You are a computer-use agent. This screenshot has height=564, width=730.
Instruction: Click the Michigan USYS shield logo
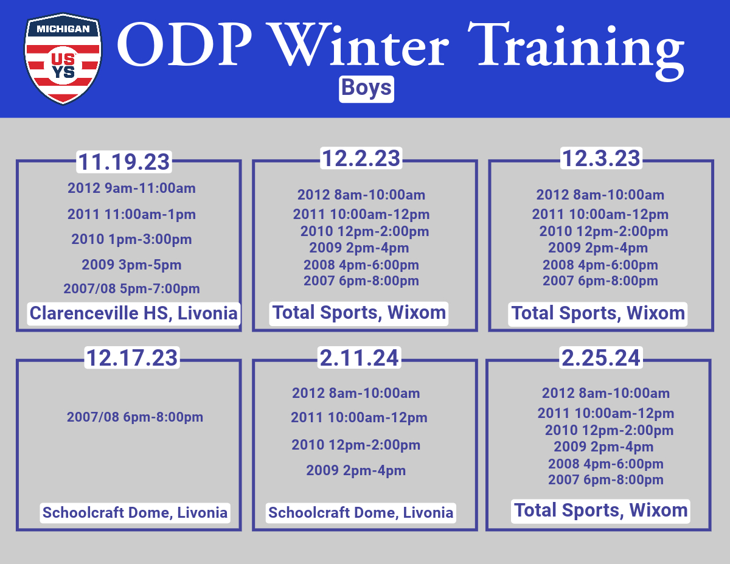pyautogui.click(x=63, y=59)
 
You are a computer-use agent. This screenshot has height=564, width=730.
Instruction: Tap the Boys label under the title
pyautogui.click(x=366, y=89)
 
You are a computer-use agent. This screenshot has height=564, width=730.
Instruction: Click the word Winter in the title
pyautogui.click(x=359, y=44)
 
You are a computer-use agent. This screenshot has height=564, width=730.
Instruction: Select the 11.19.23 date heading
pyautogui.click(x=124, y=162)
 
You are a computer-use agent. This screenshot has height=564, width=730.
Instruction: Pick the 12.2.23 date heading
pyautogui.click(x=361, y=158)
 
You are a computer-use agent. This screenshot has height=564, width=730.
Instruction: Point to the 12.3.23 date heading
pyautogui.click(x=601, y=158)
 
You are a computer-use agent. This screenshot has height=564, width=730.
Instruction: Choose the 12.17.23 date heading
pyautogui.click(x=132, y=357)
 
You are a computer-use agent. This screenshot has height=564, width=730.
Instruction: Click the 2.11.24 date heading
pyautogui.click(x=359, y=357)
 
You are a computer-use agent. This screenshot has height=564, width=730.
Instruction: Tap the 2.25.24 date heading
pyautogui.click(x=600, y=357)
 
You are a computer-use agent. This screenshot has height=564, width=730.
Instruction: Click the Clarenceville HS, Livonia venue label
pyautogui.click(x=134, y=314)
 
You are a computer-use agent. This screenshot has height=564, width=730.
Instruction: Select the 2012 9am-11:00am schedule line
pyautogui.click(x=131, y=188)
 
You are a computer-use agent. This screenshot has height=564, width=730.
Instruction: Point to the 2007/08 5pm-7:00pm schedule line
pyautogui.click(x=131, y=289)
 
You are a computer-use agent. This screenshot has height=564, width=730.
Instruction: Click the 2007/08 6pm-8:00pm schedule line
pyautogui.click(x=135, y=417)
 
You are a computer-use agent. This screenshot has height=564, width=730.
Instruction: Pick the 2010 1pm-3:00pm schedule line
pyautogui.click(x=131, y=240)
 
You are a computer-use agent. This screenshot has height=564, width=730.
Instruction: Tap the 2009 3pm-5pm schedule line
pyautogui.click(x=131, y=265)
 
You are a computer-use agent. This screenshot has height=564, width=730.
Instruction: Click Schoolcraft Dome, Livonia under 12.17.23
pyautogui.click(x=135, y=513)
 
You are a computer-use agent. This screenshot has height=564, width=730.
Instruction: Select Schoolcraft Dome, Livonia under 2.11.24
pyautogui.click(x=361, y=513)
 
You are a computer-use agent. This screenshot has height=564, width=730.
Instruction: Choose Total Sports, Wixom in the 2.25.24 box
pyautogui.click(x=600, y=511)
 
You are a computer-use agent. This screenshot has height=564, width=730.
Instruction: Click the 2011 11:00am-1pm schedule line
pyautogui.click(x=131, y=214)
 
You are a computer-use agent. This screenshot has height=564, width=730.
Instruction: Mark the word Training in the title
pyautogui.click(x=576, y=50)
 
